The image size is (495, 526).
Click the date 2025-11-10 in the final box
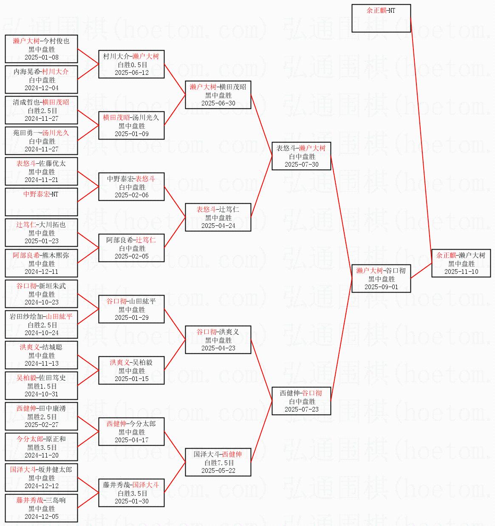[x=461, y=271]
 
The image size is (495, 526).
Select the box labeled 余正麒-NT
[x=381, y=18]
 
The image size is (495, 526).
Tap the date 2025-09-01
[x=381, y=287]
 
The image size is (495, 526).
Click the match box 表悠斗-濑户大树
[x=301, y=156]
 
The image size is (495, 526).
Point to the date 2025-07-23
[x=301, y=409]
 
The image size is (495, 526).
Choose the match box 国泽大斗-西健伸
[x=218, y=462]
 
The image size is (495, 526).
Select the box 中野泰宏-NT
[x=41, y=202]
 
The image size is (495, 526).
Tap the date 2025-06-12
[x=132, y=72]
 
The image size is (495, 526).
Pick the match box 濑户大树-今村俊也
[x=41, y=49]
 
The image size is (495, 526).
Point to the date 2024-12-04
[x=41, y=88]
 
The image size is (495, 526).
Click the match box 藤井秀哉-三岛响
[x=41, y=508]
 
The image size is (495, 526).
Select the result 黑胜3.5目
[x=42, y=447]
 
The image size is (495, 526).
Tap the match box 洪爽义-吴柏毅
[x=131, y=370]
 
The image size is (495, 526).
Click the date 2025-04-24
[x=218, y=225]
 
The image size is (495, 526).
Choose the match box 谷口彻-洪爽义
[x=218, y=340]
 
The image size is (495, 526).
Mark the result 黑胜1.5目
[x=42, y=386]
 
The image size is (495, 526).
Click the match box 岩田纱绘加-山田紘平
[x=41, y=324]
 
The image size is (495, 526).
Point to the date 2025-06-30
[x=218, y=103]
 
